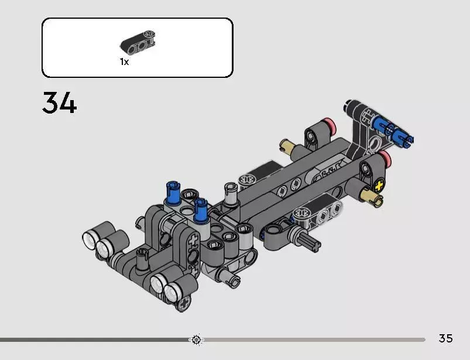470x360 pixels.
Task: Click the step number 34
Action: tap(59, 102)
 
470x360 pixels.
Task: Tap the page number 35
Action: tap(445, 338)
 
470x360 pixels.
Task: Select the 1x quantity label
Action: tap(125, 61)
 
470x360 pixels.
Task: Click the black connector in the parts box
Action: tap(138, 43)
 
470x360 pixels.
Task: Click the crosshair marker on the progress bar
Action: tap(196, 340)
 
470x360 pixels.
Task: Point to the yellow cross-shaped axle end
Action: tap(379, 186)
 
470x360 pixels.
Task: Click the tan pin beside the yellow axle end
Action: tap(372, 196)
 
